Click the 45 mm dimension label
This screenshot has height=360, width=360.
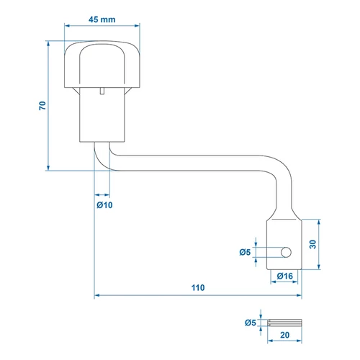[x=102, y=19]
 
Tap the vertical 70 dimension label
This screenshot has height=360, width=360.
[x=42, y=106]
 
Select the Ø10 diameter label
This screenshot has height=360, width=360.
[x=104, y=205]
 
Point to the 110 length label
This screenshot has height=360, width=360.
[x=198, y=287]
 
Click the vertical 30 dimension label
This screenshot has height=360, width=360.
[x=312, y=244]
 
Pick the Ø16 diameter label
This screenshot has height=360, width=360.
[x=285, y=276]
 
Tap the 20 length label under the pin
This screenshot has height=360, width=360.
[x=285, y=335]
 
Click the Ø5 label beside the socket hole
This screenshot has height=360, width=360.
[x=245, y=252]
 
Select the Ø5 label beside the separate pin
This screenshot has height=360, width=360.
[x=251, y=323]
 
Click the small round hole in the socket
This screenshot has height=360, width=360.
[x=286, y=252]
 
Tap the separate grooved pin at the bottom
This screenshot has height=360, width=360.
[x=284, y=323]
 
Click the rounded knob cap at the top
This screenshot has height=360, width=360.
[x=102, y=64]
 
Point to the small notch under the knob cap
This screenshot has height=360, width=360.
[x=102, y=91]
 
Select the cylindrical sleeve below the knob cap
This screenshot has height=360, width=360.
[x=102, y=114]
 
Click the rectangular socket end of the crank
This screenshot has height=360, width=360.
[x=284, y=244]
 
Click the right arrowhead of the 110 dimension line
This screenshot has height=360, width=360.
[x=299, y=295]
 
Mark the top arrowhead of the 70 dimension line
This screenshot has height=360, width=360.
[x=48, y=43]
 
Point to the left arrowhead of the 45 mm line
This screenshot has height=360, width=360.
[x=67, y=25]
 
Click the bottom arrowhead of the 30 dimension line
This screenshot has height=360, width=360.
[x=319, y=266]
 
